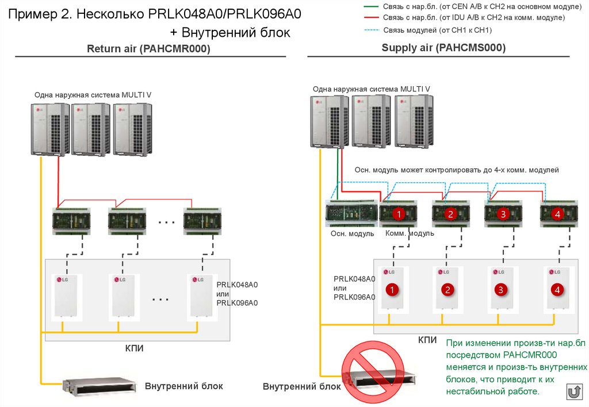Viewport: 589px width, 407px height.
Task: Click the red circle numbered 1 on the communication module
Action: pos(397,214)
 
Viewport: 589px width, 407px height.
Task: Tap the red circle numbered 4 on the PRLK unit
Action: pos(557,289)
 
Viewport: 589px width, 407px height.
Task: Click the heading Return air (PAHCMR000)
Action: pos(148,49)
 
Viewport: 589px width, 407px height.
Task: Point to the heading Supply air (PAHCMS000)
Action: pos(443,48)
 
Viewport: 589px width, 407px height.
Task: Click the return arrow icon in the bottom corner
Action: pos(573,393)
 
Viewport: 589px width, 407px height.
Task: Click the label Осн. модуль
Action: pos(352,233)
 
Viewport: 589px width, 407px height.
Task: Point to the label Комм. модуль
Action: pos(410,233)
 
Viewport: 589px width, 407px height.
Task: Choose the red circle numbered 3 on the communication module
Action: pos(503,214)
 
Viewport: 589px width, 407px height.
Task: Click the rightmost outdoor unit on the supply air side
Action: pos(414,121)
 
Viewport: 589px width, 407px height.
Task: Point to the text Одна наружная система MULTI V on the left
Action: pos(93,95)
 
